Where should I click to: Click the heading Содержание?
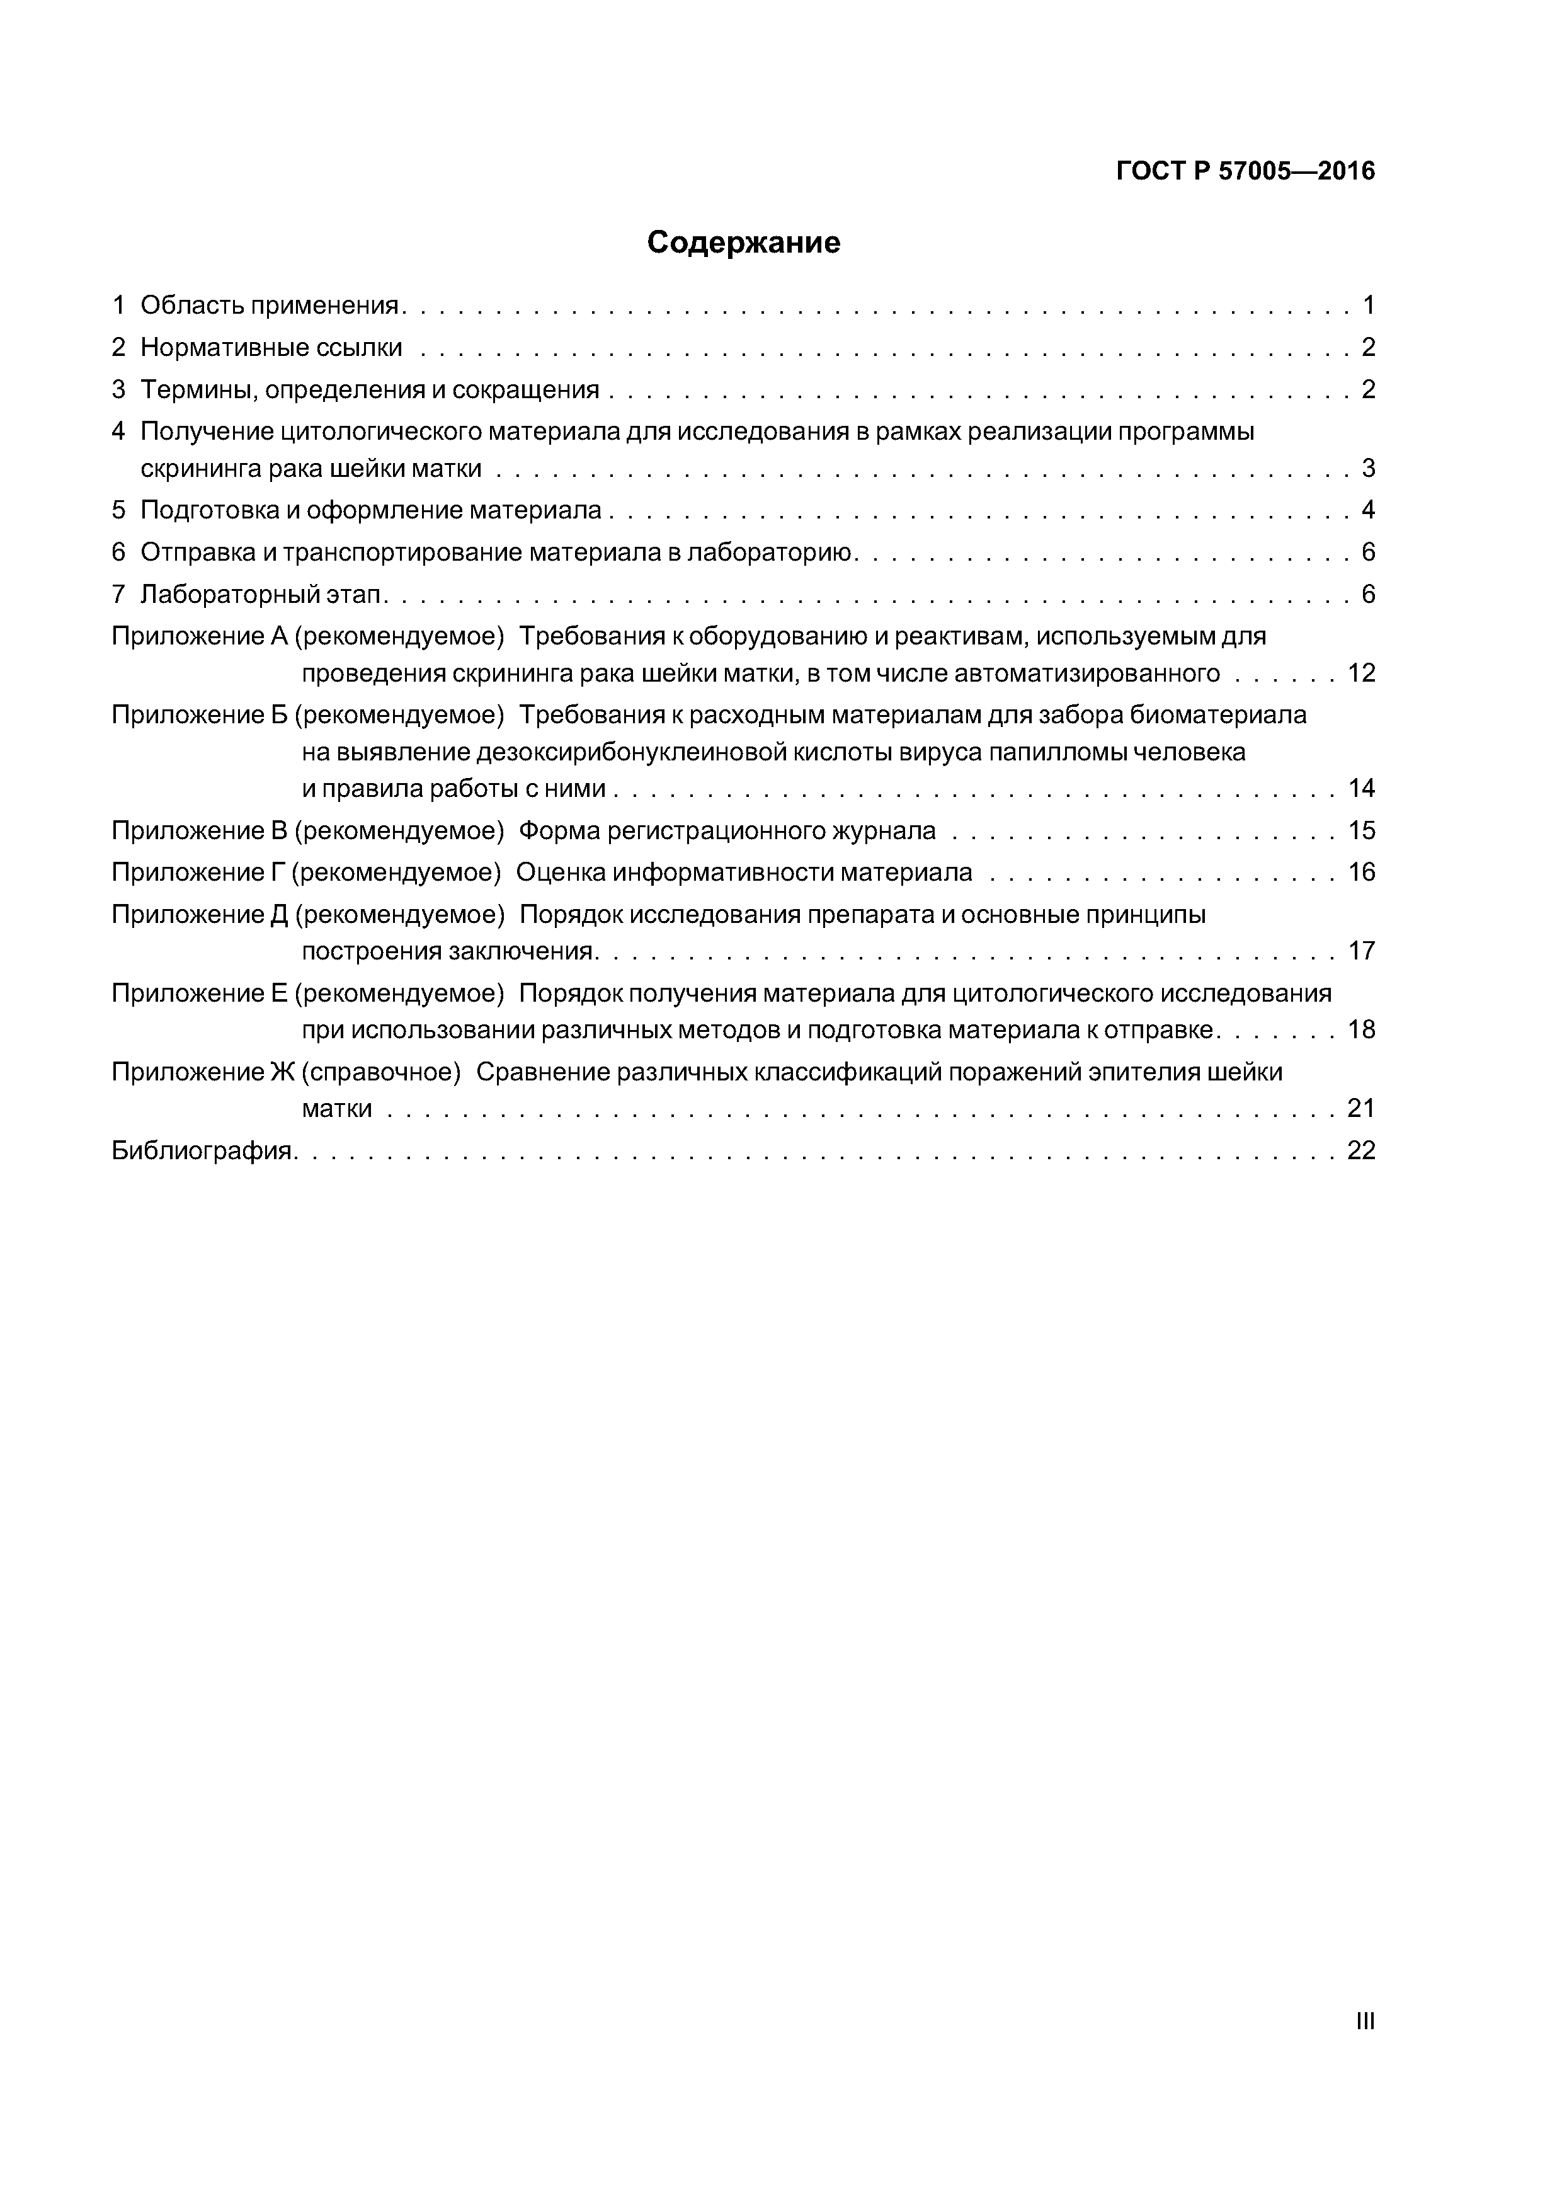743,243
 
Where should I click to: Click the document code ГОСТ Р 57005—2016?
1245,171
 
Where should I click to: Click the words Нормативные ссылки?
271,348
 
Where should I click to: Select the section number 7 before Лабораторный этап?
118,594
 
